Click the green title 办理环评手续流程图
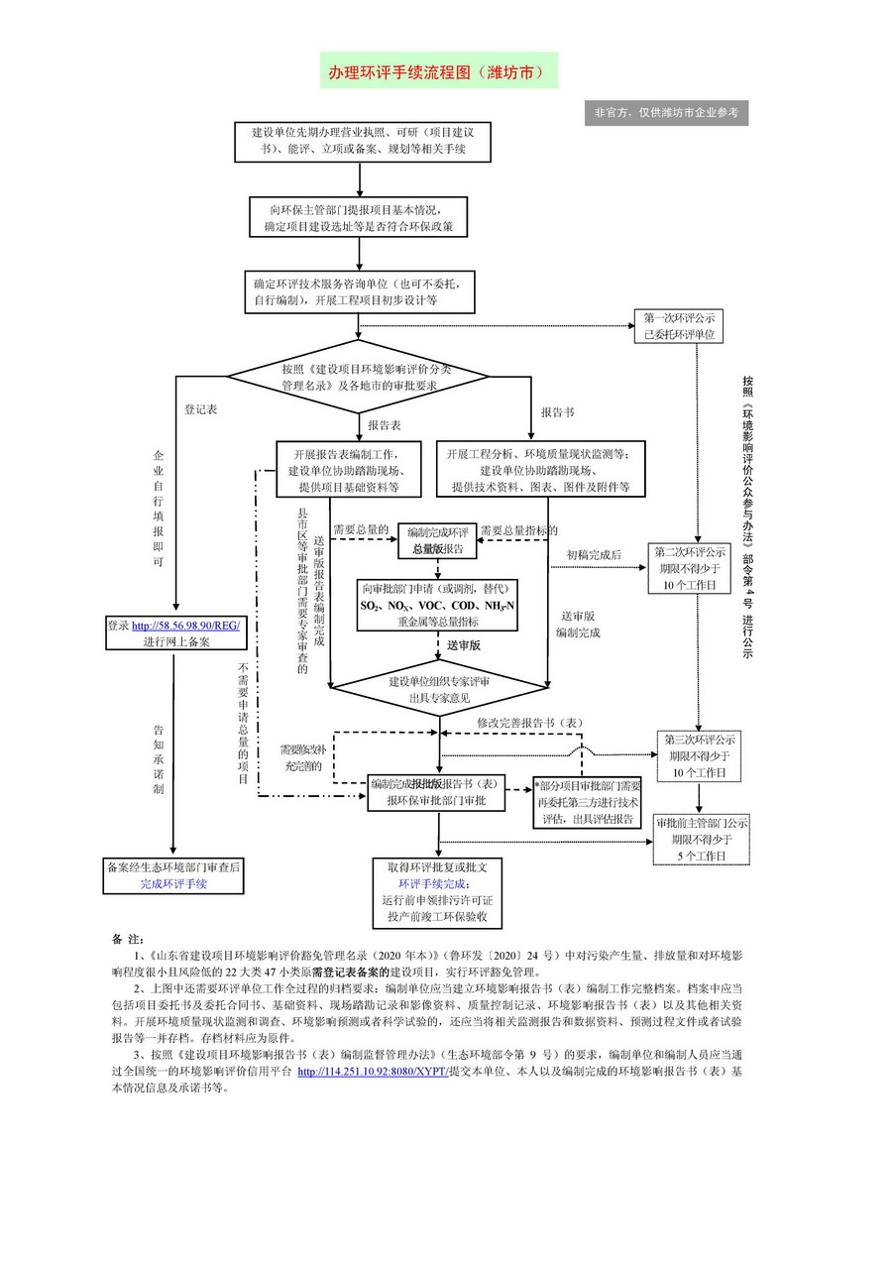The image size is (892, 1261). tap(437, 72)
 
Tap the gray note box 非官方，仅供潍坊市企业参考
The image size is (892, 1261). tap(666, 112)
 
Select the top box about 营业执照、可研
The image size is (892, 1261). tap(362, 141)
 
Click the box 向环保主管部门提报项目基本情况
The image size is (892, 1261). tap(357, 217)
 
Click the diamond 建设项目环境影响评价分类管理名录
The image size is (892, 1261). tap(359, 377)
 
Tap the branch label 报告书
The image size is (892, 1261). tap(557, 410)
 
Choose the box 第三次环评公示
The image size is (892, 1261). tap(700, 755)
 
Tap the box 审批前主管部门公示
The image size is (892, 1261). tap(702, 838)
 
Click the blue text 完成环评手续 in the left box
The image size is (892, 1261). tap(173, 883)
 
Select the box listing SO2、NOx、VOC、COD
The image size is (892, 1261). tap(437, 605)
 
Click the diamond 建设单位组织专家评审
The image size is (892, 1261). tap(438, 689)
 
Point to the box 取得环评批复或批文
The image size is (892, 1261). tap(437, 890)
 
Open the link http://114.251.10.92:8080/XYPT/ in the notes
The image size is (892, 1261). tap(373, 1072)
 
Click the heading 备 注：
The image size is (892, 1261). tap(129, 938)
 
